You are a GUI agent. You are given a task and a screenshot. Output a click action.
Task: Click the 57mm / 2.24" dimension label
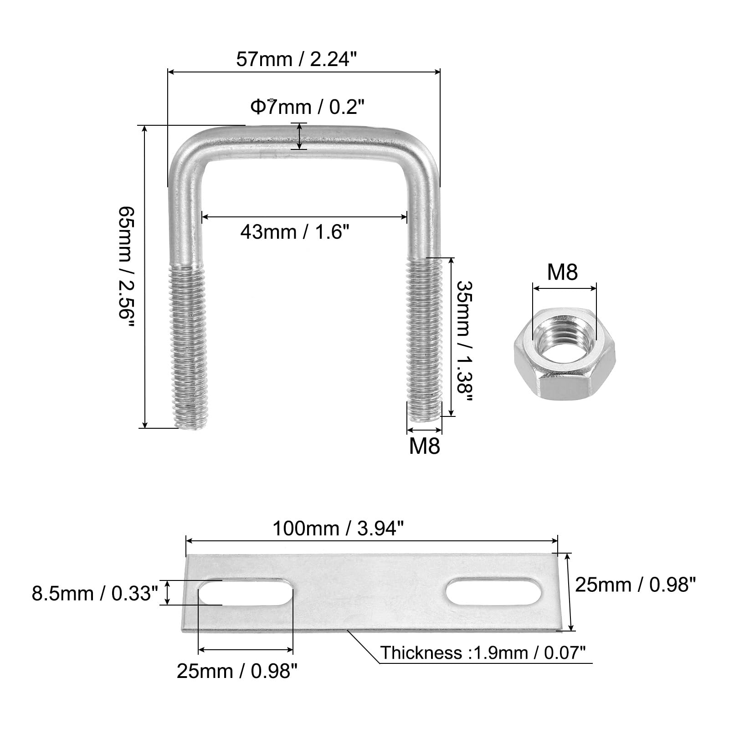pos(295,59)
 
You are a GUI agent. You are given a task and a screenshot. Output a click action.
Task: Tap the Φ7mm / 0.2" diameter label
pos(308,108)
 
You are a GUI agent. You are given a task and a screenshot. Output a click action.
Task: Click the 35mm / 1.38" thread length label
pos(464,340)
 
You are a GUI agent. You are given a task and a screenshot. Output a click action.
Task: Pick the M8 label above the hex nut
pos(562,272)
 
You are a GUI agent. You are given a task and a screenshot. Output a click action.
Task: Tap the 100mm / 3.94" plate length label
pos(338,529)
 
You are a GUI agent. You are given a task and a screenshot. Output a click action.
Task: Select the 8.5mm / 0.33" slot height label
pos(95,594)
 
